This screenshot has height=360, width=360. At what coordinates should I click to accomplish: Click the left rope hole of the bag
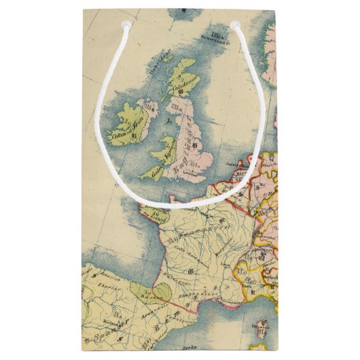click(125, 24)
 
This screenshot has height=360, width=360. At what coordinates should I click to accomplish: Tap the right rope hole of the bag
click(235, 25)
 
